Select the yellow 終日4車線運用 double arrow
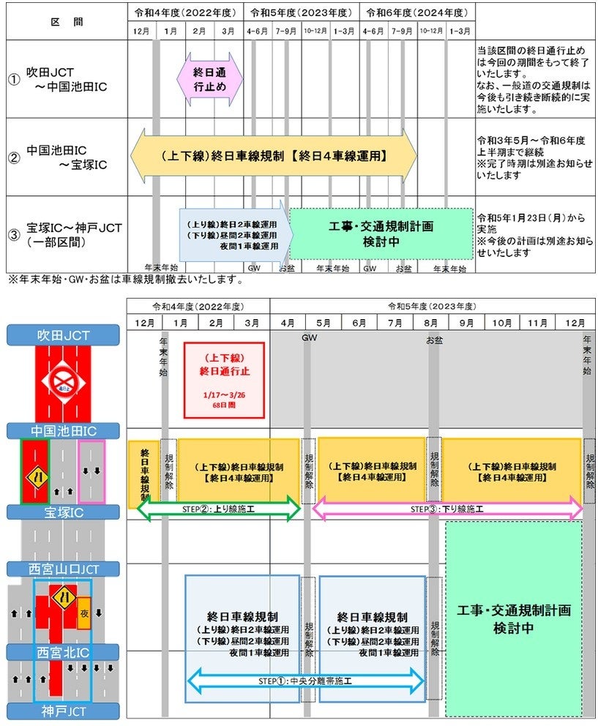pyautogui.click(x=273, y=156)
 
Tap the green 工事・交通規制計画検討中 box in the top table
pyautogui.click(x=381, y=233)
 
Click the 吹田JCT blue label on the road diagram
pyautogui.click(x=62, y=335)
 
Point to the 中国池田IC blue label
pyautogui.click(x=62, y=430)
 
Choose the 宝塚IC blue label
pyautogui.click(x=62, y=512)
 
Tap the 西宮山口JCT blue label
pyautogui.click(x=62, y=569)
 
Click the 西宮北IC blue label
pyautogui.click(x=62, y=651)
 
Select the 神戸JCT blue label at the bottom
pyautogui.click(x=62, y=710)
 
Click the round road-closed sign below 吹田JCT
pyautogui.click(x=62, y=381)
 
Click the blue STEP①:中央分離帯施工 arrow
pyautogui.click(x=306, y=681)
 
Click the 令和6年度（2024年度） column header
pyautogui.click(x=416, y=13)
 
